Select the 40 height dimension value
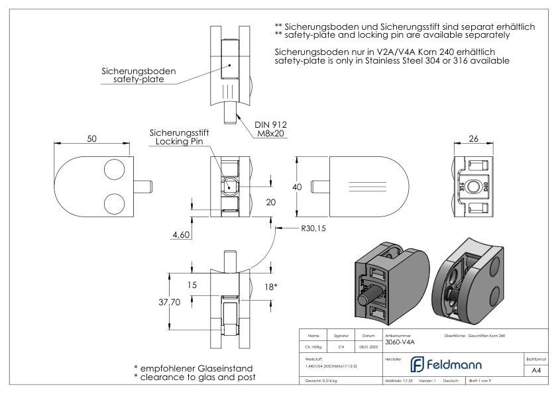(298, 187)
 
